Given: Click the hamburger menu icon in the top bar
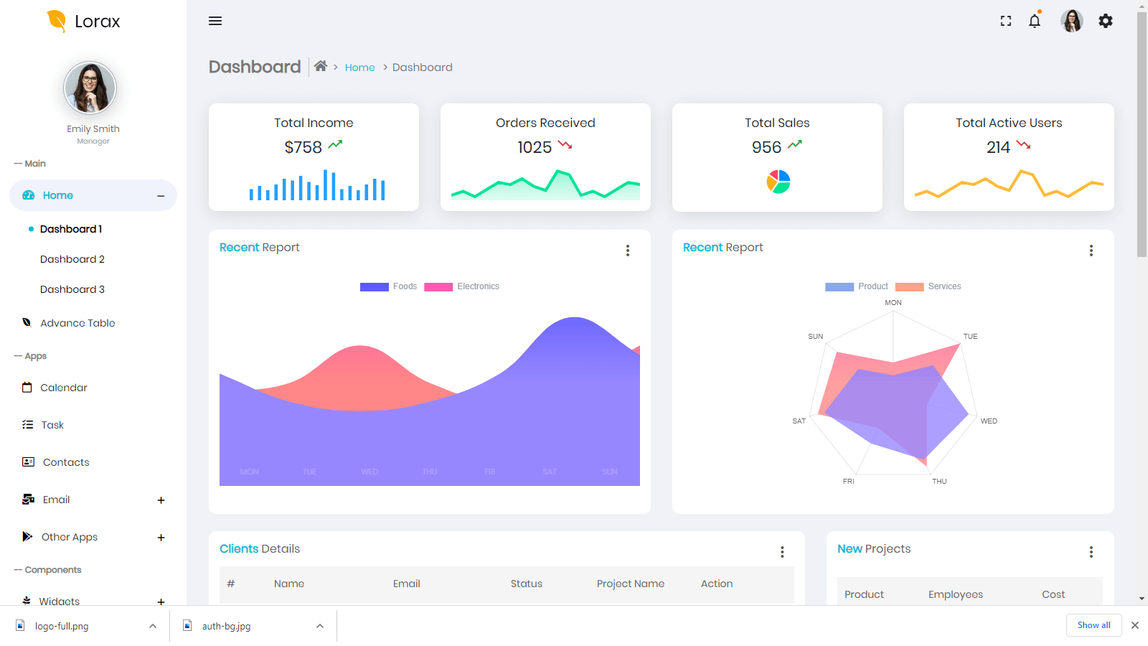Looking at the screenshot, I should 215,21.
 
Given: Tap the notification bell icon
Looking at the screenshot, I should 1034,21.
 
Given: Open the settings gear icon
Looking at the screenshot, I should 1106,21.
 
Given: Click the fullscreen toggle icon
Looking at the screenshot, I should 1006,21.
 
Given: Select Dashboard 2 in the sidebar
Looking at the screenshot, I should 72,259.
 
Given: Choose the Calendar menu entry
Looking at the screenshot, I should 64,388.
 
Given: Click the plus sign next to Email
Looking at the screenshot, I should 161,500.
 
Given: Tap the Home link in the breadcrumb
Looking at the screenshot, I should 359,67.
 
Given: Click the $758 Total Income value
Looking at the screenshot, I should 303,147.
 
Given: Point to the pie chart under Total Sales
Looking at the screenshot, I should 778,182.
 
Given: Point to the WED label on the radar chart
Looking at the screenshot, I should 989,421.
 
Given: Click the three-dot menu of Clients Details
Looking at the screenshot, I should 782,551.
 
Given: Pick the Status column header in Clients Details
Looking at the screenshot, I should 526,584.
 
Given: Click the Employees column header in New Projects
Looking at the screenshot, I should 955,594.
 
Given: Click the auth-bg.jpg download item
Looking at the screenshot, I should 227,626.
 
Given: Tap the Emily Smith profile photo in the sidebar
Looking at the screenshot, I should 90,88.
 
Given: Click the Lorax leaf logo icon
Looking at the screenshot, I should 56,21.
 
